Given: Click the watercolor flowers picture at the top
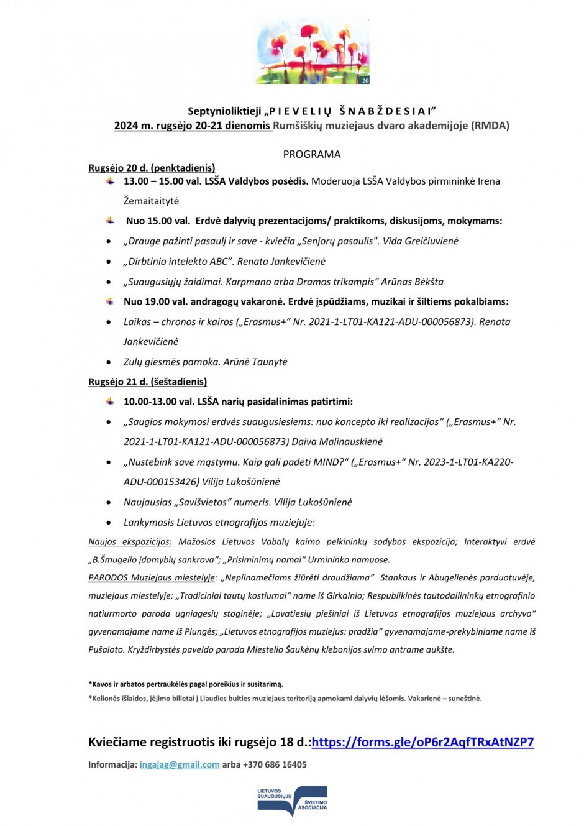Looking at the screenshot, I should (313, 52).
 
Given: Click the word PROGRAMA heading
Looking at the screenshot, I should (312, 154).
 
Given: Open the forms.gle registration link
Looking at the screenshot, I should (422, 742).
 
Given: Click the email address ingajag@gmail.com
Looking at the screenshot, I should (180, 764).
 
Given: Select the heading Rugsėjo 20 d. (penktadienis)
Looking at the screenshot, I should (152, 168).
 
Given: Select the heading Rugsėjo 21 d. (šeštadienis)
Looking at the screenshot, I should (147, 382).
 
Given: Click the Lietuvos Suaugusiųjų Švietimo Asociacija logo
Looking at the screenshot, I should (292, 801).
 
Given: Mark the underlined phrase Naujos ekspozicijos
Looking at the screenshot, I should (130, 542).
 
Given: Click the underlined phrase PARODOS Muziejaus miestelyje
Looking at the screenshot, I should (152, 578).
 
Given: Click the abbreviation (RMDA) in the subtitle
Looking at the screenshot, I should (490, 126).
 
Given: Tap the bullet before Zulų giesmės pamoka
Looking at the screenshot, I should (109, 362).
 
